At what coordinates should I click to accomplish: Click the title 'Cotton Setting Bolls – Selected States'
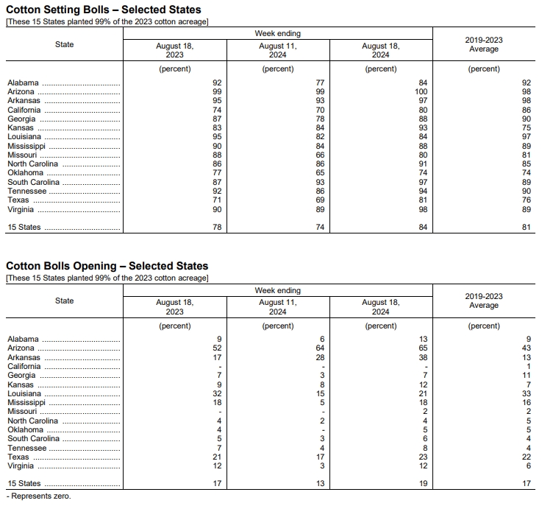(103, 10)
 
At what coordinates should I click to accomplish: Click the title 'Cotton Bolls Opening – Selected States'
(107, 266)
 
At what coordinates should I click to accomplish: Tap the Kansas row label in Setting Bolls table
(21, 128)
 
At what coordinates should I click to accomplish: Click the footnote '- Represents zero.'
(38, 496)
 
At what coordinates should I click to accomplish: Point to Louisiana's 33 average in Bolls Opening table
(525, 393)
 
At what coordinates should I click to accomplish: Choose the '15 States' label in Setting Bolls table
(24, 228)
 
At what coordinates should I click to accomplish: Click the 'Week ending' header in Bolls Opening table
(277, 290)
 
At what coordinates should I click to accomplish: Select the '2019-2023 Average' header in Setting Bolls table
(483, 44)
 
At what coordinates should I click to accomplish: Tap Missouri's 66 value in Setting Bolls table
(320, 155)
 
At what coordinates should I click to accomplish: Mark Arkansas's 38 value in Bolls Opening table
(423, 357)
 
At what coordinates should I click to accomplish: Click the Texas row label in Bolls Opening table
(18, 457)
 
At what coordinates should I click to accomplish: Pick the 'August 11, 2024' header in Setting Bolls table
(277, 50)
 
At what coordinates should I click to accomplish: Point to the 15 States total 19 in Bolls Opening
(423, 484)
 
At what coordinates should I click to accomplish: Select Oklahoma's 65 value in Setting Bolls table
(320, 173)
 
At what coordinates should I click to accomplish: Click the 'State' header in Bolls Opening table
(64, 301)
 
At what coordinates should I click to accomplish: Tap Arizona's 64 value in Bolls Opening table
(320, 348)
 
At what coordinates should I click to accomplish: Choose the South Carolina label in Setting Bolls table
(33, 183)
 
